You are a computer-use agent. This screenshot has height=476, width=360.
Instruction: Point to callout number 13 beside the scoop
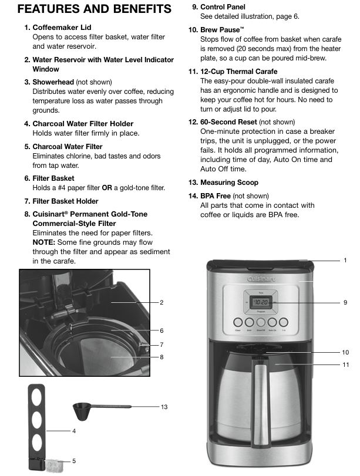tap(164, 407)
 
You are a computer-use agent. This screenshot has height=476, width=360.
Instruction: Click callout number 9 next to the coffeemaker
tap(345, 302)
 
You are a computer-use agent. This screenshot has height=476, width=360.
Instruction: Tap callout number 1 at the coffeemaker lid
tap(345, 260)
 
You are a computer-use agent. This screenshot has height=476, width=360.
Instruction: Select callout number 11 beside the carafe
tap(345, 365)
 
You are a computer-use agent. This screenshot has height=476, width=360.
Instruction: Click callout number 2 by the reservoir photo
tap(161, 303)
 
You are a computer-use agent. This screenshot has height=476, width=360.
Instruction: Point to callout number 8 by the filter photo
tap(161, 357)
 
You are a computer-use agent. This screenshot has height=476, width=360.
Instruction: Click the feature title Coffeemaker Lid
tap(62, 28)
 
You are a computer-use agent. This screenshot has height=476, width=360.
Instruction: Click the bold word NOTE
tap(44, 242)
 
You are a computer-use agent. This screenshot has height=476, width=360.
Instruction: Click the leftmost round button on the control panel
tap(237, 323)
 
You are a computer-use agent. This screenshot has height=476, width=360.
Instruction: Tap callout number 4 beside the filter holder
tap(74, 431)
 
